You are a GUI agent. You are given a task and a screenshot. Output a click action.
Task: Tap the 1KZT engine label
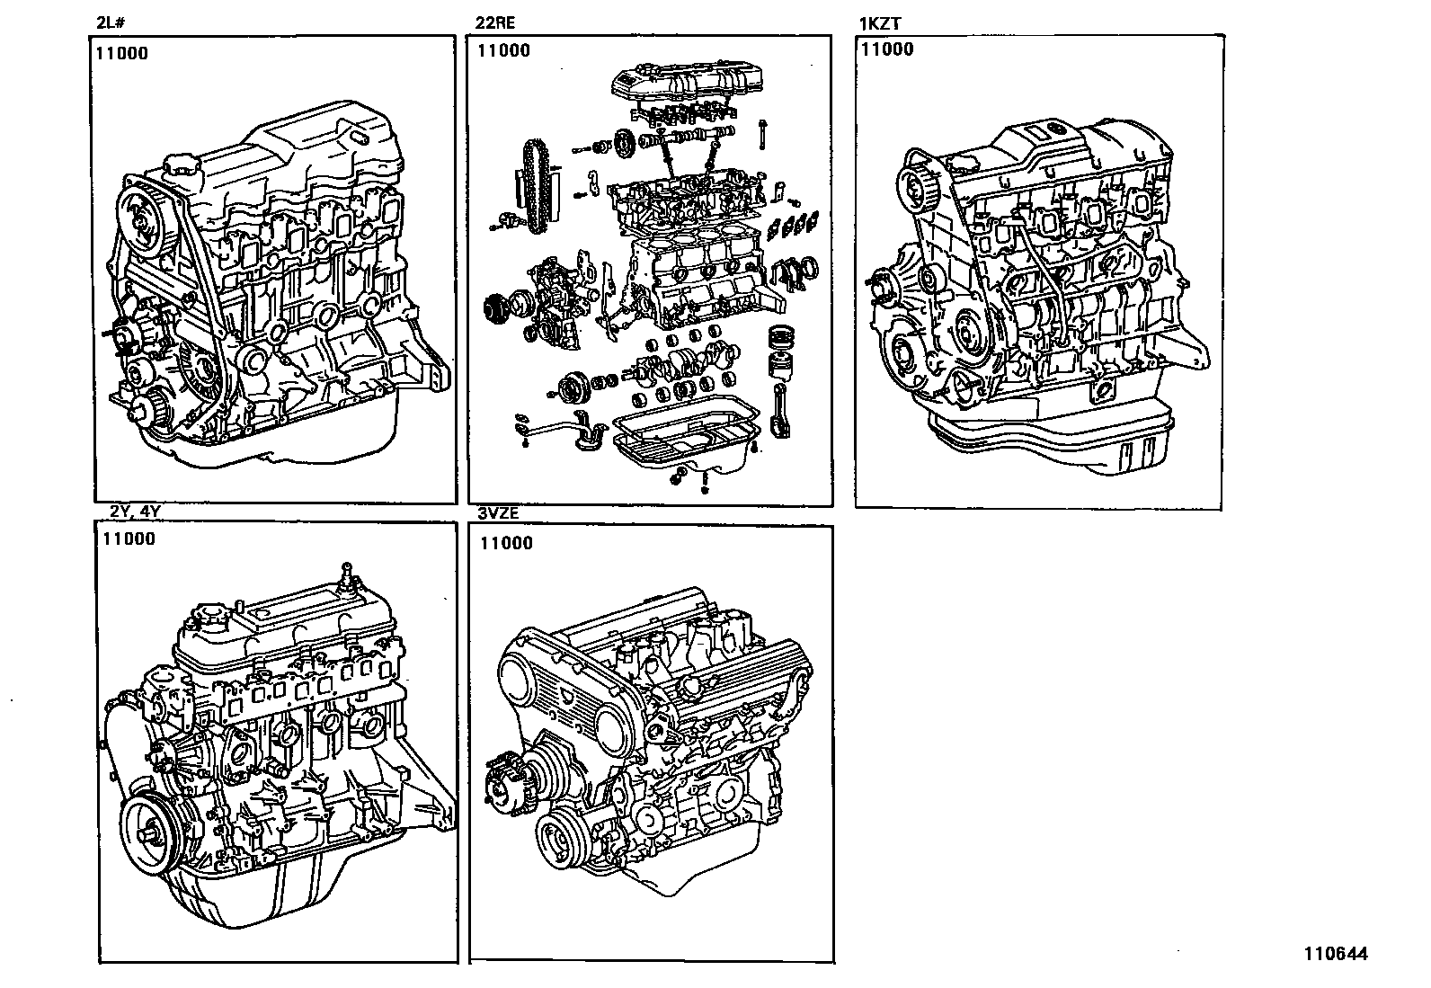pyautogui.click(x=880, y=24)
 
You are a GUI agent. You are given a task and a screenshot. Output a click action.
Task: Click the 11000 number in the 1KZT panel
pyautogui.click(x=887, y=49)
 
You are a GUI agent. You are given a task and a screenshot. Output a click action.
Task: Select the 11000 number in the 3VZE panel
pyautogui.click(x=506, y=543)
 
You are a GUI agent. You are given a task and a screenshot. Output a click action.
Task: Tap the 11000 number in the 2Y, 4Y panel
pyautogui.click(x=129, y=539)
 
